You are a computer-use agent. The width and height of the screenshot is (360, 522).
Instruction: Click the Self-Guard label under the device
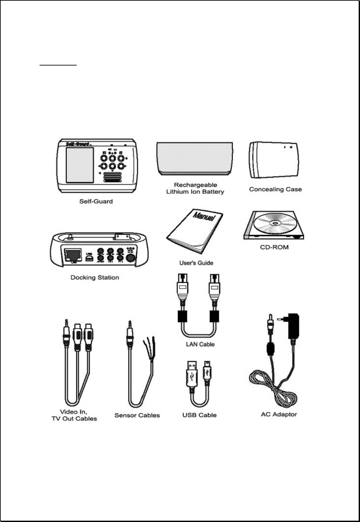click(96, 201)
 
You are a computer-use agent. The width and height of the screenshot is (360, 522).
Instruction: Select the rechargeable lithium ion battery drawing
click(195, 158)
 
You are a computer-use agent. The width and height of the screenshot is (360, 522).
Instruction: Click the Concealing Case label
click(275, 189)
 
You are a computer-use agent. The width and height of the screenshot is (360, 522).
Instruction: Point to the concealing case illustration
click(274, 160)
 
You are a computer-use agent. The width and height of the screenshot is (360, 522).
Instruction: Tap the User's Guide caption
click(196, 263)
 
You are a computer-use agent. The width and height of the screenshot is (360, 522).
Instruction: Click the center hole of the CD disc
click(275, 223)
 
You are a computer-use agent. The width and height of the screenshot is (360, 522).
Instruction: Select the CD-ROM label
click(274, 247)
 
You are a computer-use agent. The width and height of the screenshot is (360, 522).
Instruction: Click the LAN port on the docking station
click(73, 256)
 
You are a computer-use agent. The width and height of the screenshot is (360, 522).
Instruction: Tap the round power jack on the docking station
click(131, 258)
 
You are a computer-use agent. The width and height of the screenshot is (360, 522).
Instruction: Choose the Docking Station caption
click(95, 277)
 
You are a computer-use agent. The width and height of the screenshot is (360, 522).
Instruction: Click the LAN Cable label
click(200, 344)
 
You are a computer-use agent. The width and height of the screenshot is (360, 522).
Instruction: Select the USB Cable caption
click(200, 415)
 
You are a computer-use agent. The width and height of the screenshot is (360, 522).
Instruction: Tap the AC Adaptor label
click(279, 414)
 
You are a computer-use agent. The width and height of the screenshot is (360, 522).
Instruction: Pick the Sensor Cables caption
click(137, 415)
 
